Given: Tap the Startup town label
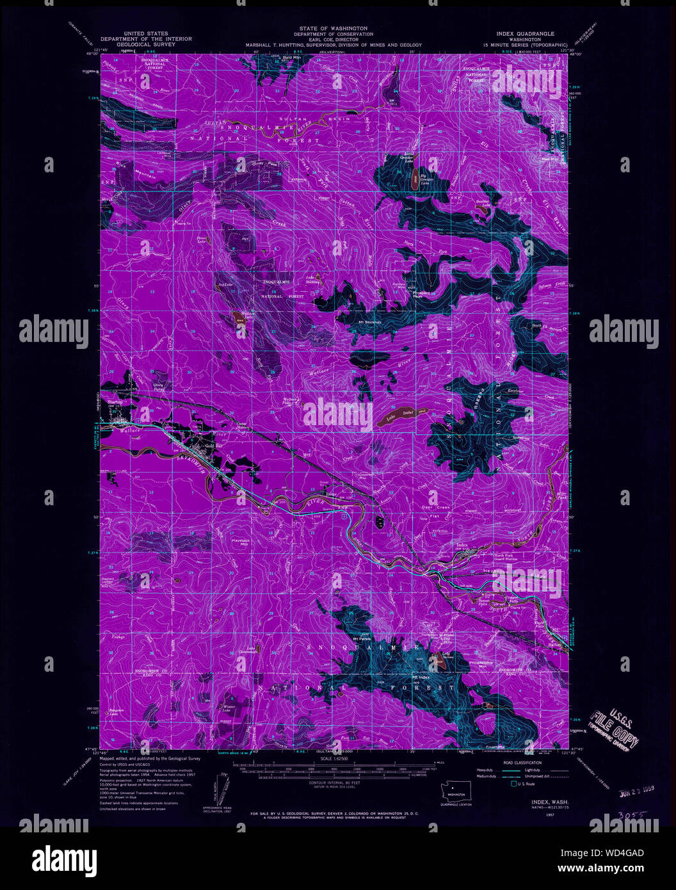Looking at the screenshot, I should [115, 402].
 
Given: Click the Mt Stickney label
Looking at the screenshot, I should [369, 321].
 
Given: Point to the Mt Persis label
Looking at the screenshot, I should [363, 639].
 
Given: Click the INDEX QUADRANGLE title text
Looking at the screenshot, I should [525, 33].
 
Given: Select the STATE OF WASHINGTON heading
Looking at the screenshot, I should [333, 29].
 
